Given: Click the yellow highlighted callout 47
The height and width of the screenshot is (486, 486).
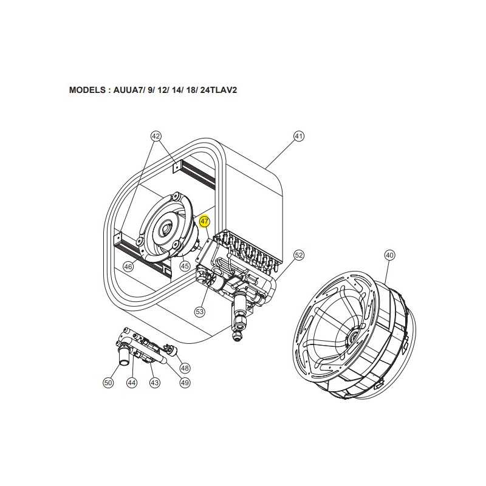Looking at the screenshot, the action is (205, 221).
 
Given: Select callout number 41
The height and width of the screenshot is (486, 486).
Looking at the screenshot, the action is (298, 136).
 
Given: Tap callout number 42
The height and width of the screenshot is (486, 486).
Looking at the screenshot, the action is (156, 136).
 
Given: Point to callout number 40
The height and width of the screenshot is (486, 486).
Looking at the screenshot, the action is (389, 255).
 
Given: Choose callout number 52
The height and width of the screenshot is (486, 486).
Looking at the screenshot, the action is (299, 255).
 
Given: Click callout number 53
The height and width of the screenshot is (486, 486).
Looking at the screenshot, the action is (200, 311).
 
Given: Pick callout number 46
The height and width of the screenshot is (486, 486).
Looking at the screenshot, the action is (128, 266).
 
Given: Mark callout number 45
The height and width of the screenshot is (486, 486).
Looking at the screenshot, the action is (185, 266).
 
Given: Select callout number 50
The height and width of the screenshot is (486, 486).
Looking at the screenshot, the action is (108, 383).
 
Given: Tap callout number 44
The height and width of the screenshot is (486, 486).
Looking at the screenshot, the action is (132, 383).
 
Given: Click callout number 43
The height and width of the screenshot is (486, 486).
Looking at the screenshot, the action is (155, 383).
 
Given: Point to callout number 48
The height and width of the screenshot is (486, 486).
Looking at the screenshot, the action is (185, 368).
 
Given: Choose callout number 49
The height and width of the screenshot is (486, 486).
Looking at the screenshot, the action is (185, 383).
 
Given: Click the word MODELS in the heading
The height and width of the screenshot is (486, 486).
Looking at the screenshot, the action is (87, 90).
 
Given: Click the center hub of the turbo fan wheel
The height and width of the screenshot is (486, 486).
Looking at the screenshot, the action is (352, 335).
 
